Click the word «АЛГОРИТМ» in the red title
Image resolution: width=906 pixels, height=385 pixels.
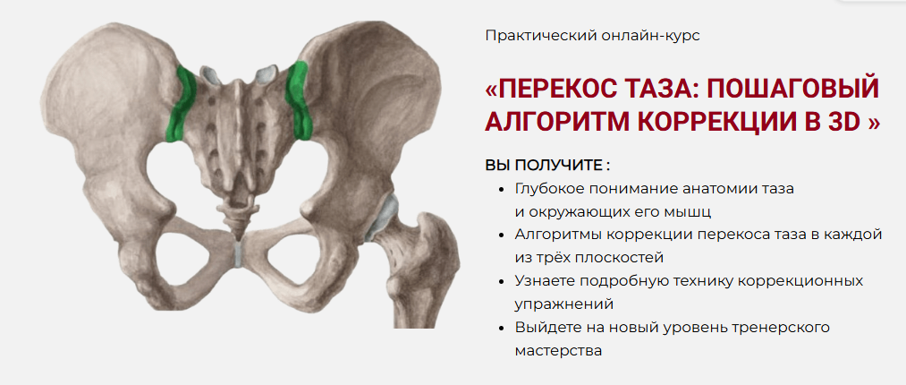pos(555,121)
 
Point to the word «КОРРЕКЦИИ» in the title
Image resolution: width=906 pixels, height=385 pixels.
pos(728,121)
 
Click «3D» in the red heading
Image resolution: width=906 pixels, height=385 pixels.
pos(843,121)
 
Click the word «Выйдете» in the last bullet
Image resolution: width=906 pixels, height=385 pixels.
pos(545,328)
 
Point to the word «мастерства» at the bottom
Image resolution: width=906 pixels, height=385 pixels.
pos(558,351)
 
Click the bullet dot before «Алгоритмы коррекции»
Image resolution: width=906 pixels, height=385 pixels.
pos(500,235)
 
